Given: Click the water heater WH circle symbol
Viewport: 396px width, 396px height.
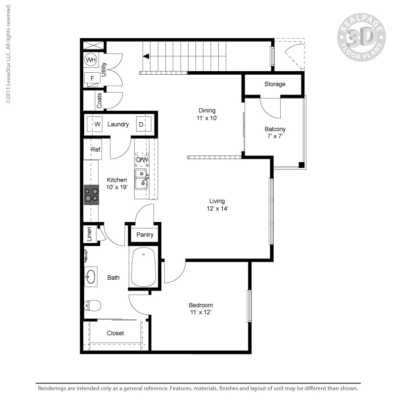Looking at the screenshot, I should point(91,60).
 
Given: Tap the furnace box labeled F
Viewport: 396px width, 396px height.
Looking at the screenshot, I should point(92,78).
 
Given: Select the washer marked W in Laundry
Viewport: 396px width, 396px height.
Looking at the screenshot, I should point(95,124).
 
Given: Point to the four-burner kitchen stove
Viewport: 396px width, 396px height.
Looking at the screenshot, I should point(91,194).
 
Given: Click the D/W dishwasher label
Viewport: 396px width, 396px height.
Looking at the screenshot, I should point(142,159).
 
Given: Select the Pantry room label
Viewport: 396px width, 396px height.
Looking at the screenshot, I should point(145,235).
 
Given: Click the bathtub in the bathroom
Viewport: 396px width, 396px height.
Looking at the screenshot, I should point(144,267).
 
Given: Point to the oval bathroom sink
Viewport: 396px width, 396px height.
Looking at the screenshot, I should point(92,277).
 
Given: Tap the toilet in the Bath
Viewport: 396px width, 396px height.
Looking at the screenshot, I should point(93,306).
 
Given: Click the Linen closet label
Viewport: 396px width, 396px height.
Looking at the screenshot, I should point(90,234).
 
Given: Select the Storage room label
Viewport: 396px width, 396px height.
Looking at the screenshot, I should point(274,84).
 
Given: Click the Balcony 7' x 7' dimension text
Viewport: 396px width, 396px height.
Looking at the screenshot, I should point(275,136).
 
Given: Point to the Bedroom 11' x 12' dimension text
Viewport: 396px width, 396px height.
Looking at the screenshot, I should point(201,312).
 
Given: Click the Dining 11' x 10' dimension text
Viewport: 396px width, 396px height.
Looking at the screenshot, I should point(207,118).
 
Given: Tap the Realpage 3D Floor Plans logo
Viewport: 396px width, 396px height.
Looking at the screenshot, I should point(361,38).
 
